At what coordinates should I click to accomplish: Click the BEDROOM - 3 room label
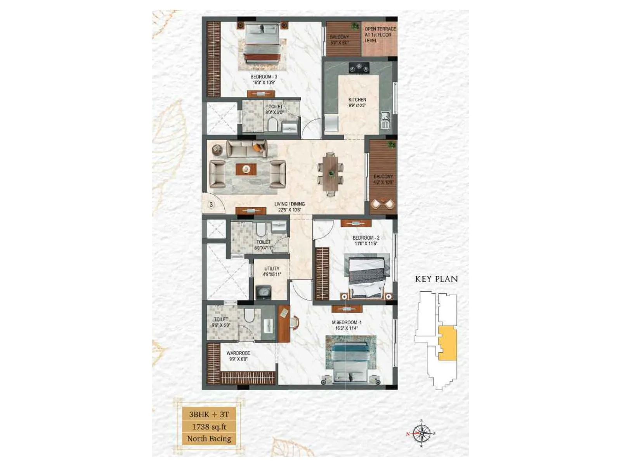pyautogui.click(x=264, y=77)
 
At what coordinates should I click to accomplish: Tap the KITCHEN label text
pyautogui.click(x=357, y=100)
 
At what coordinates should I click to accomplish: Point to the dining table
pyautogui.click(x=330, y=173)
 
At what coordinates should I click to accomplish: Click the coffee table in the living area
pyautogui.click(x=246, y=169)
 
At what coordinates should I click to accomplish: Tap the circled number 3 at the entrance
pyautogui.click(x=211, y=204)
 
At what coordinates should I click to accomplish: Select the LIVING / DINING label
pyautogui.click(x=290, y=204)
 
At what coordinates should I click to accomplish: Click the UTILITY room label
pyautogui.click(x=272, y=268)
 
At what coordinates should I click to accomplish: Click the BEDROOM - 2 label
pyautogui.click(x=366, y=238)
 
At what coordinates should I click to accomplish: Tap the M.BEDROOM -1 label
pyautogui.click(x=347, y=322)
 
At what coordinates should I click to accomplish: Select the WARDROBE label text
pyautogui.click(x=238, y=353)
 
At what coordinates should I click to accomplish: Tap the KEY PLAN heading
pyautogui.click(x=436, y=279)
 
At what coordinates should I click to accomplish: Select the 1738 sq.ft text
pyautogui.click(x=209, y=427)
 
